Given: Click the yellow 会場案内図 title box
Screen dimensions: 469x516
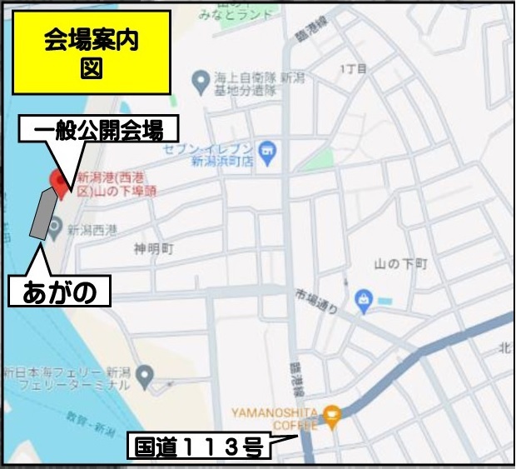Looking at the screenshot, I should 91,52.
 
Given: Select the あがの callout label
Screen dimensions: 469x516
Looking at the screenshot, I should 59,292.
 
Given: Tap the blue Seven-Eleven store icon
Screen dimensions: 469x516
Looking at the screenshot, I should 266,150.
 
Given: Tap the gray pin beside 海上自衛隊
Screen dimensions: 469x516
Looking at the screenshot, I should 200,81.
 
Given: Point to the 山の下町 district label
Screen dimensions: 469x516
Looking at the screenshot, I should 400,264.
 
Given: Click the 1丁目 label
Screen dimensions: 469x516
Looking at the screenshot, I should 354,69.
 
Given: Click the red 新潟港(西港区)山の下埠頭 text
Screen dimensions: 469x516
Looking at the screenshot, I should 117,184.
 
